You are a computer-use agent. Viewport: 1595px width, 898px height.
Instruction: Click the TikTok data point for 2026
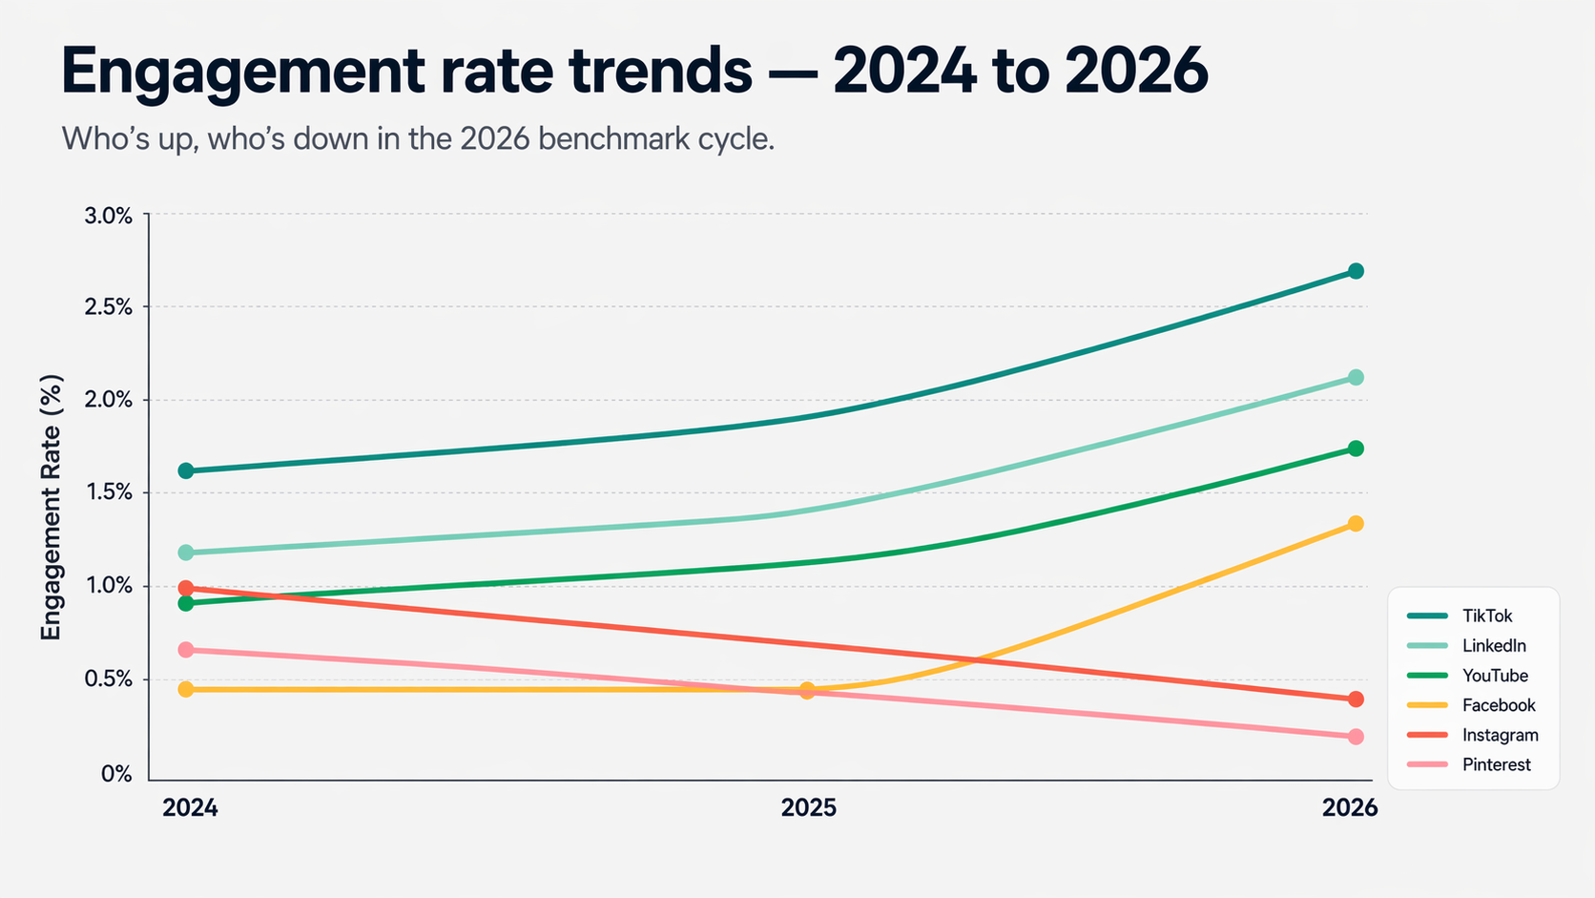click(1356, 271)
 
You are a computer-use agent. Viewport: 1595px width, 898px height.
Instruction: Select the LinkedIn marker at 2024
click(186, 553)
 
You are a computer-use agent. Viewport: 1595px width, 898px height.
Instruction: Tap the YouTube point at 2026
click(1356, 449)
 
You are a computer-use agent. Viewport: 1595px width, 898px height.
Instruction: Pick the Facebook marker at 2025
click(807, 690)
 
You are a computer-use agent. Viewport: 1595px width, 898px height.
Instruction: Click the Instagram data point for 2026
click(1356, 700)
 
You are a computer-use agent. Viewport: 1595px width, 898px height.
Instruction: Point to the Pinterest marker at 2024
click(186, 650)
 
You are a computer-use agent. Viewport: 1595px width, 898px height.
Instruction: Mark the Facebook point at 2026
click(1356, 524)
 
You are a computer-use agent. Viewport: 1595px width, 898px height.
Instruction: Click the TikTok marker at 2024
click(186, 470)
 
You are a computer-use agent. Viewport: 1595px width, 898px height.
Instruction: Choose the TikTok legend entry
click(1486, 616)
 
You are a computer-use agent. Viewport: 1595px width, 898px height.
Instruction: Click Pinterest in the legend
click(1496, 764)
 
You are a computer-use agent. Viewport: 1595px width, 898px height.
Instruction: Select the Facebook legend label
click(1498, 705)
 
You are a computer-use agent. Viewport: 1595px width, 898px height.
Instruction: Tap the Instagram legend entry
click(1500, 735)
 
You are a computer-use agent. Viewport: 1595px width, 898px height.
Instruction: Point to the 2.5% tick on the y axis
click(109, 307)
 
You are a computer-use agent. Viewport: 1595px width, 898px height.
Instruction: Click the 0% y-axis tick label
click(116, 774)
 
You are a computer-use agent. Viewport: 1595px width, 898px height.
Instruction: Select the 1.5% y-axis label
click(109, 492)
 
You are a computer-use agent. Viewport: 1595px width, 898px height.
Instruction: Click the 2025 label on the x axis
click(808, 808)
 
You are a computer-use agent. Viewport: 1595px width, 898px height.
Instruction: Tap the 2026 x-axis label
click(1350, 808)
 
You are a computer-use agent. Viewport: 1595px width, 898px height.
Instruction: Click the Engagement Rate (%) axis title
click(51, 507)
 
